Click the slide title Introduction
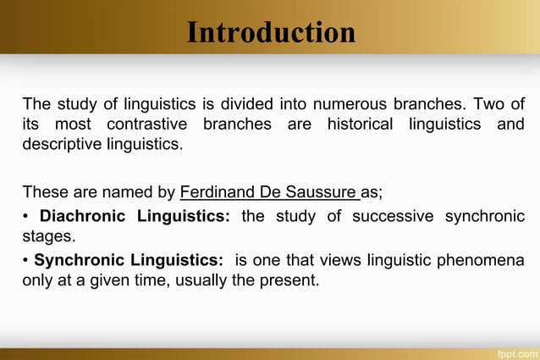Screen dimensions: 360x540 pyautogui.click(x=271, y=33)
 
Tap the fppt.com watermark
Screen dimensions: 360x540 pyautogui.click(x=516, y=352)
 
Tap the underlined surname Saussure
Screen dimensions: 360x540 pyautogui.click(x=326, y=190)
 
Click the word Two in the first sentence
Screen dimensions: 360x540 pyautogui.click(x=489, y=105)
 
